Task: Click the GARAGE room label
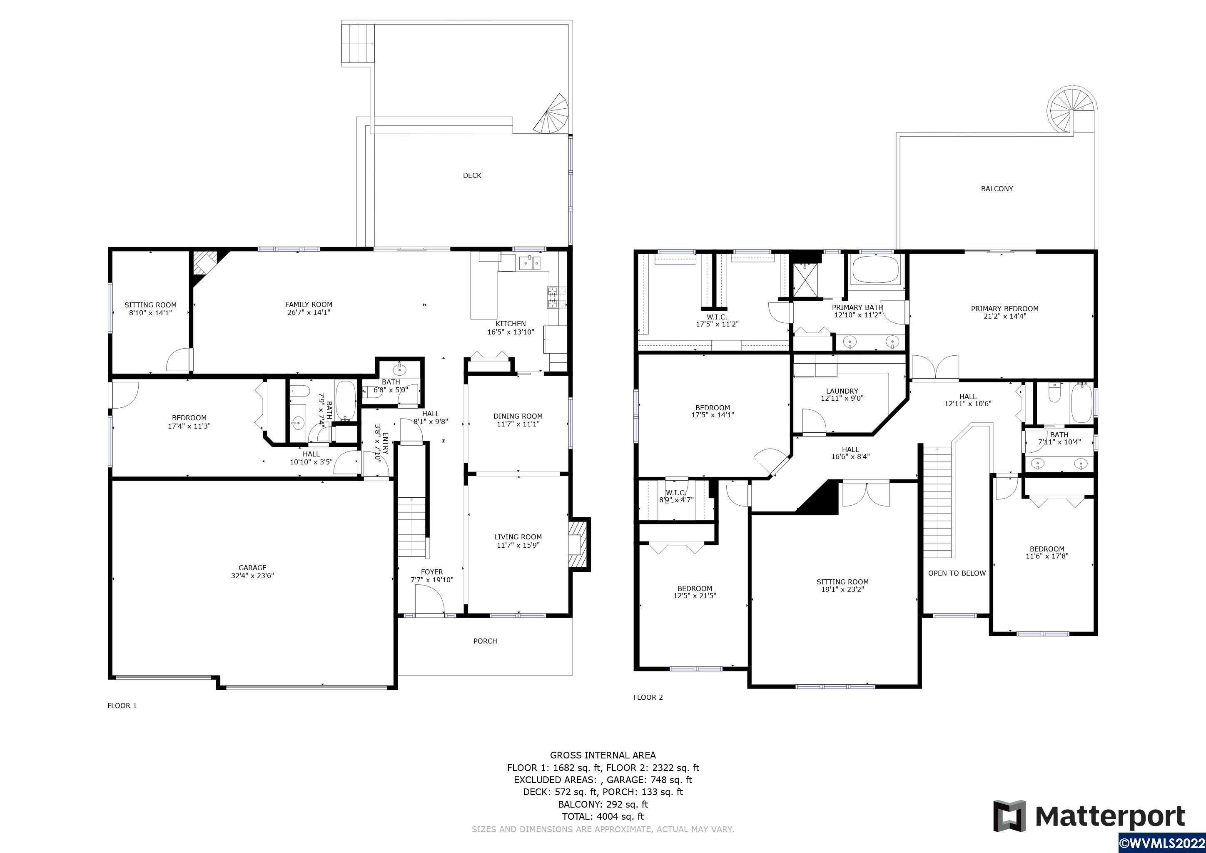pos(253,568)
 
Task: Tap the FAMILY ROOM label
pos(309,304)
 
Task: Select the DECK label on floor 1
pos(472,175)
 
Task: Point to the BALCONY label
pos(997,189)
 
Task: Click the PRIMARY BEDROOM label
pos(1005,309)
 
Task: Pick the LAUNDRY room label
pos(842,392)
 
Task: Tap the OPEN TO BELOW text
pos(957,573)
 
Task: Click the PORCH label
pos(485,641)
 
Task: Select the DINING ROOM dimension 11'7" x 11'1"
pos(518,424)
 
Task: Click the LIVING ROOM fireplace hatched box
pos(579,544)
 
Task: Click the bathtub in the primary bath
pos(876,269)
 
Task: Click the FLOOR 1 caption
pos(122,706)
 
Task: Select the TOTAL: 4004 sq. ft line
pos(603,816)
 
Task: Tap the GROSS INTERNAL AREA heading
pos(603,755)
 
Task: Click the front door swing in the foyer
pos(430,600)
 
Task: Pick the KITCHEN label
pos(511,324)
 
